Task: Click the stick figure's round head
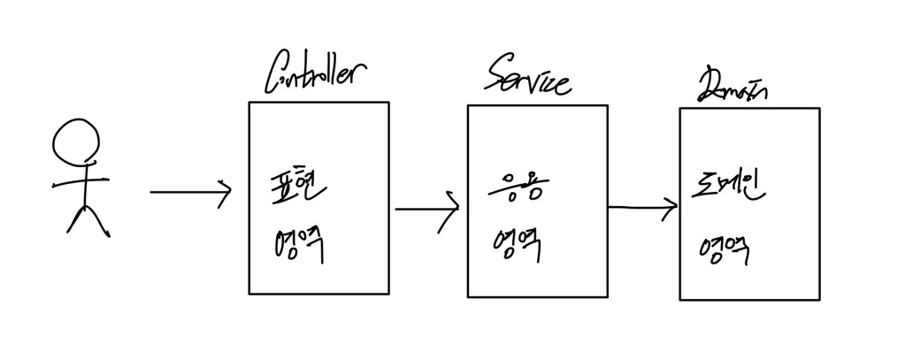point(76,141)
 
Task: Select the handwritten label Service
point(528,80)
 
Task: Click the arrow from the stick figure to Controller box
point(189,192)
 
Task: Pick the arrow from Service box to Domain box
point(642,208)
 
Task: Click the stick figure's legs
point(88,219)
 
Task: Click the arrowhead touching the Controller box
point(225,192)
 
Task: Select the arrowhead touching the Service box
point(452,211)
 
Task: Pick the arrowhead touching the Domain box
point(670,208)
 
